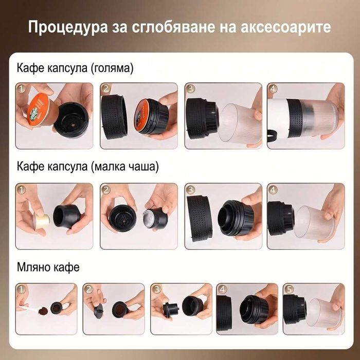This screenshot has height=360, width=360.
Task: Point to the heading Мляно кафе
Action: tap(48, 267)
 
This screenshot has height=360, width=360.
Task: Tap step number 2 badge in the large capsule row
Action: tap(106, 89)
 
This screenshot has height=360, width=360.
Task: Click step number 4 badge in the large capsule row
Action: tap(273, 89)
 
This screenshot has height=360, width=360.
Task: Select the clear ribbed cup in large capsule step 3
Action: tap(237, 123)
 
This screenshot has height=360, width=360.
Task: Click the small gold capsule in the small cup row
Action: tap(41, 220)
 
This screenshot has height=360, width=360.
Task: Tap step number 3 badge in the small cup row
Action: tap(190, 189)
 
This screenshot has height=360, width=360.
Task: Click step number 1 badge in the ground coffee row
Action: tap(21, 289)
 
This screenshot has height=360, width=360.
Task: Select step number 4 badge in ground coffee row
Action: tap(222, 289)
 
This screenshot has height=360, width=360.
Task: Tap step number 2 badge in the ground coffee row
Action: tap(88, 289)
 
